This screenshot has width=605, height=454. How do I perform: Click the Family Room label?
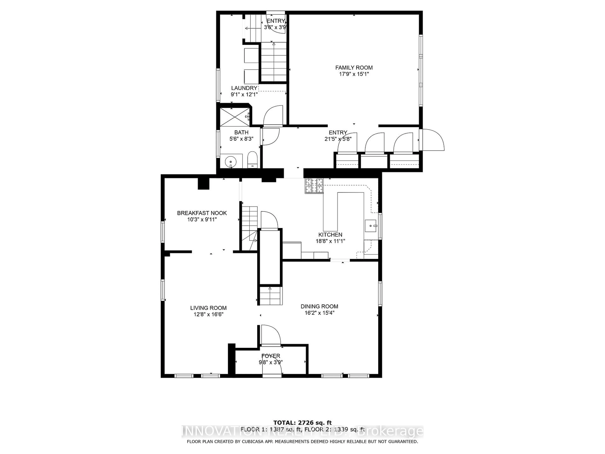(x=354, y=68)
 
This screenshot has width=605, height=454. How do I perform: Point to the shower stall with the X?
(x=235, y=117)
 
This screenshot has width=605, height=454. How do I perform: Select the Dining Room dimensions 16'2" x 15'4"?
(x=320, y=313)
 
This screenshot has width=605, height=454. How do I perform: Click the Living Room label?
(x=208, y=308)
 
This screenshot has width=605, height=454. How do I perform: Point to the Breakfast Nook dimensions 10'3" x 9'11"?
(x=202, y=219)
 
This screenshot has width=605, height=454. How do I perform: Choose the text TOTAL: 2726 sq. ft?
(x=302, y=423)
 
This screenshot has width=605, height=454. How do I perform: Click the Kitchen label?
(x=330, y=235)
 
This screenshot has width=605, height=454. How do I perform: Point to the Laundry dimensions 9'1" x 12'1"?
(x=244, y=94)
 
